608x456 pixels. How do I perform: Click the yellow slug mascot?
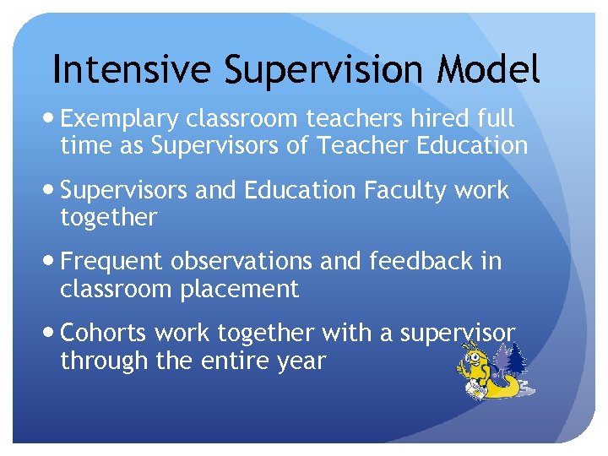[x=485, y=377]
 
